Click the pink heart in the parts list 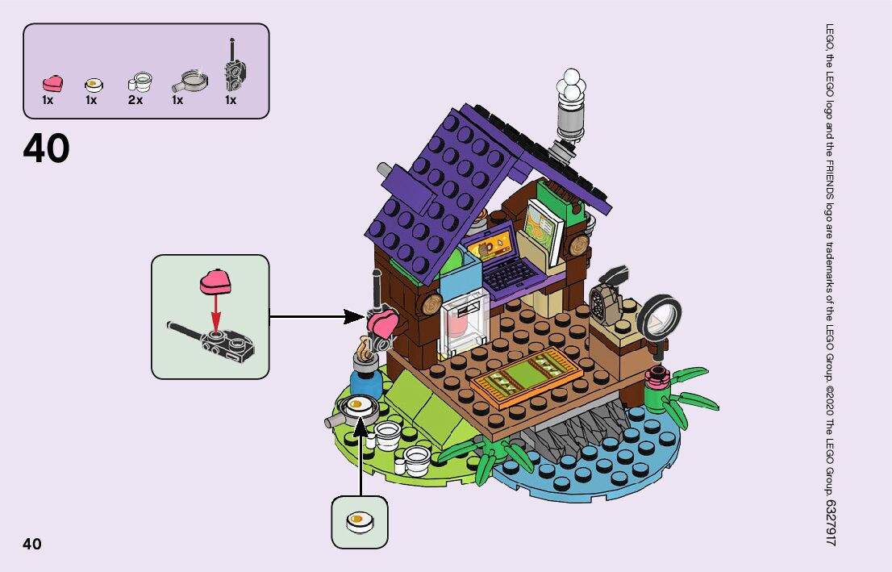pos(52,82)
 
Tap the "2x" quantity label pos(135,101)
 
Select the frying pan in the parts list pos(190,80)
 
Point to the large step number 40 pos(46,149)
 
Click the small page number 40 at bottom pos(32,544)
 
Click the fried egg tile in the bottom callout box pos(360,520)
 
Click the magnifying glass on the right pos(661,317)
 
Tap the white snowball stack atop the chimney pos(572,86)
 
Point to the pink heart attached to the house pos(382,326)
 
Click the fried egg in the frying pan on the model pos(358,404)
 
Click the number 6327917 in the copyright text pos(831,522)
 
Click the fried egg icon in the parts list pos(94,83)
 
